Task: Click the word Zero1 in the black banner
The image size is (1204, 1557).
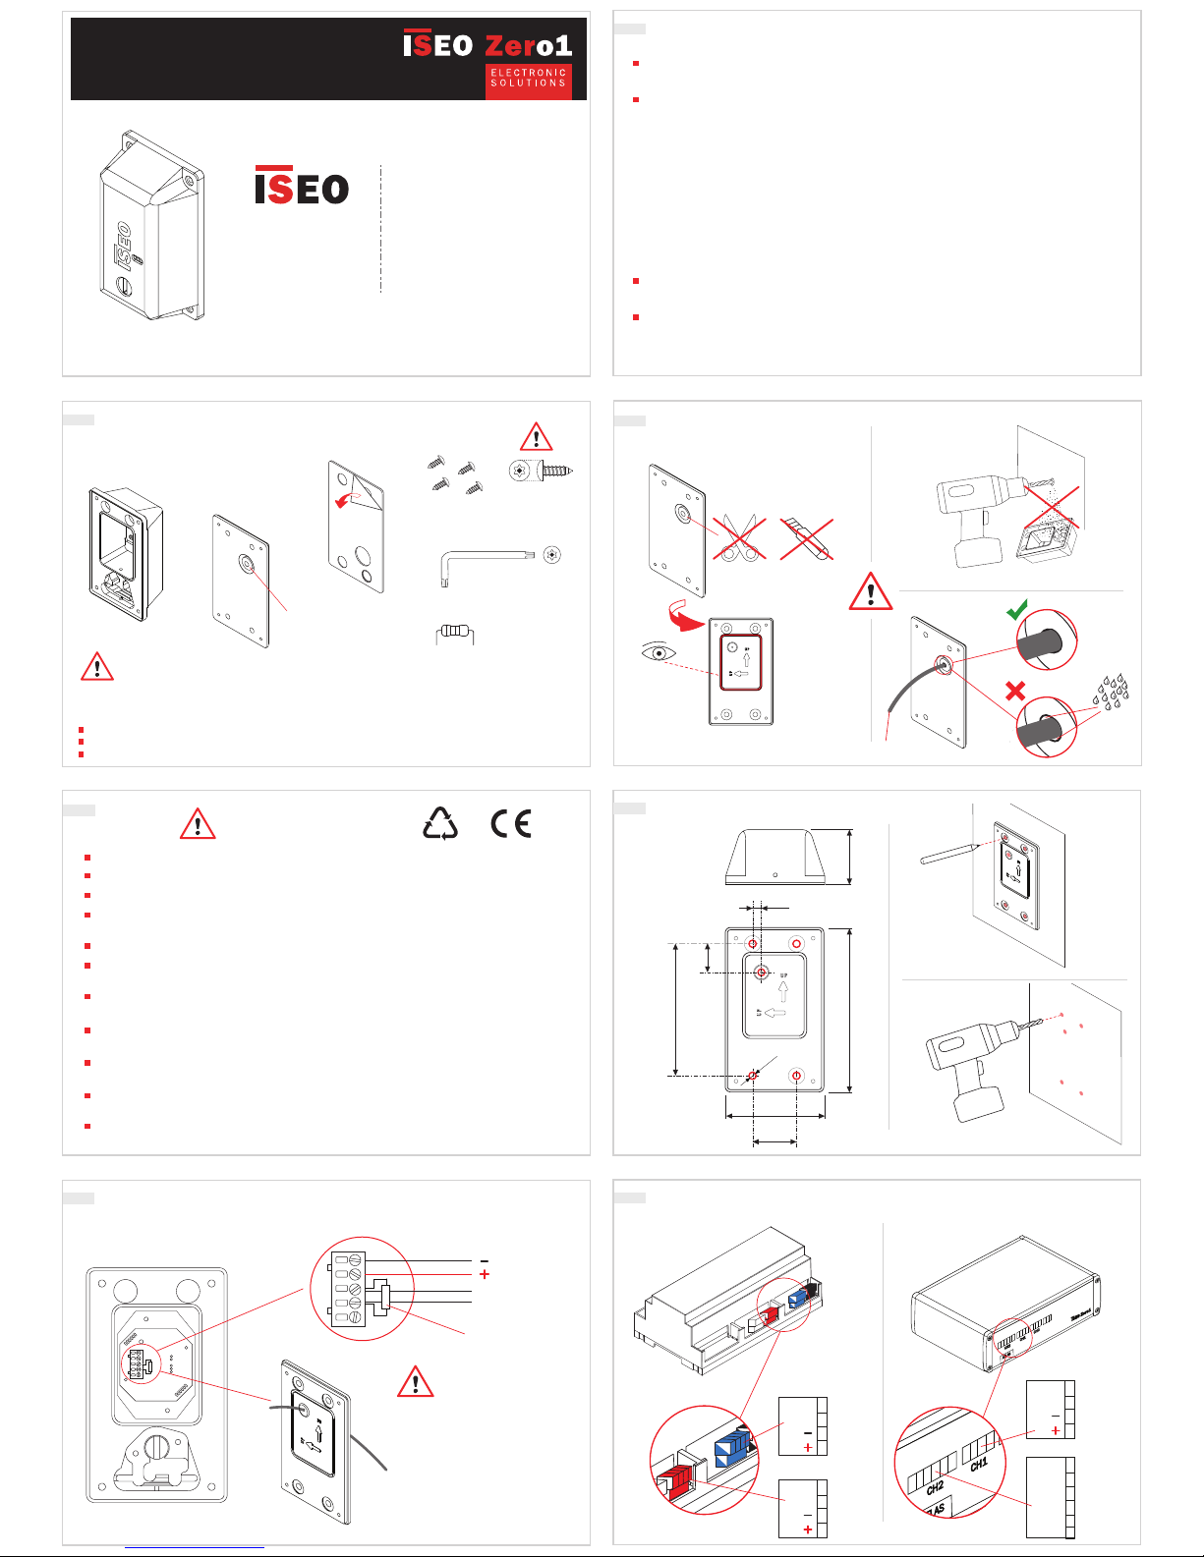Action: click(529, 45)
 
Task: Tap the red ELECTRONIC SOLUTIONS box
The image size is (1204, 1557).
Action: click(529, 79)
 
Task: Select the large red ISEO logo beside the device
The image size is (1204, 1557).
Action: click(302, 186)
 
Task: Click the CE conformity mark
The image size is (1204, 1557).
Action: click(511, 823)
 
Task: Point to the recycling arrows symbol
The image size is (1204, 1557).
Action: click(440, 824)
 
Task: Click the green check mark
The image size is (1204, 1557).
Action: click(1017, 611)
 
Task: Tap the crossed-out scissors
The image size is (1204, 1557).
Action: click(739, 538)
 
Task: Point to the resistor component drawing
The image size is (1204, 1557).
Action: click(454, 633)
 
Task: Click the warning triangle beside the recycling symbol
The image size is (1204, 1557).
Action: click(198, 824)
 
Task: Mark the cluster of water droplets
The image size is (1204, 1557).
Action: click(1112, 692)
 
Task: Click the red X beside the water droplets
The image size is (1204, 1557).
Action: click(1015, 691)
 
